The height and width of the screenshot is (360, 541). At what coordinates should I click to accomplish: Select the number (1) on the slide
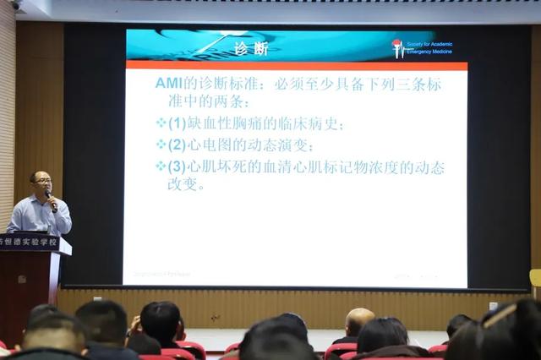pyautogui.click(x=178, y=123)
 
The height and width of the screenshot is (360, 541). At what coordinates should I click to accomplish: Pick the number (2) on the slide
pyautogui.click(x=178, y=145)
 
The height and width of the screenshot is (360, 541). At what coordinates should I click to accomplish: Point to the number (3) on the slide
pyautogui.click(x=178, y=166)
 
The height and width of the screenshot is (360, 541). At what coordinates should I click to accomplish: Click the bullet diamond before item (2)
pyautogui.click(x=161, y=145)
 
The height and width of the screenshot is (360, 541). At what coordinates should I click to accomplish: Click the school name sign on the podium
pyautogui.click(x=30, y=243)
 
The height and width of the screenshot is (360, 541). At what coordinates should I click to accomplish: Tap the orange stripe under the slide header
pyautogui.click(x=296, y=66)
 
